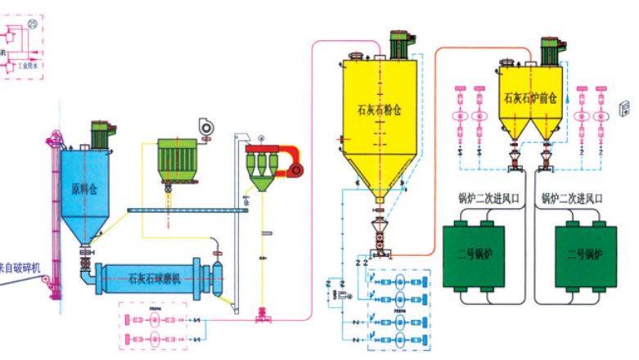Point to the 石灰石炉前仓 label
[x=530, y=97]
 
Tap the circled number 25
[x=33, y=25]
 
